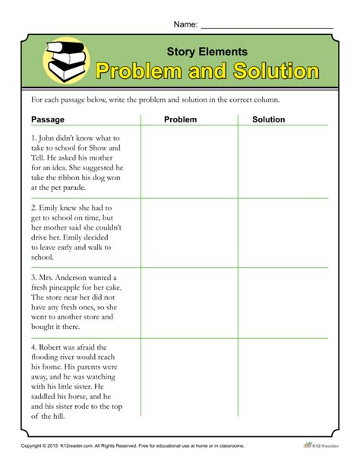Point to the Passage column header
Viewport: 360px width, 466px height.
click(x=48, y=119)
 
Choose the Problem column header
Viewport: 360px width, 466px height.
click(x=180, y=119)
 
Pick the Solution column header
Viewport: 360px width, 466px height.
click(x=268, y=119)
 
